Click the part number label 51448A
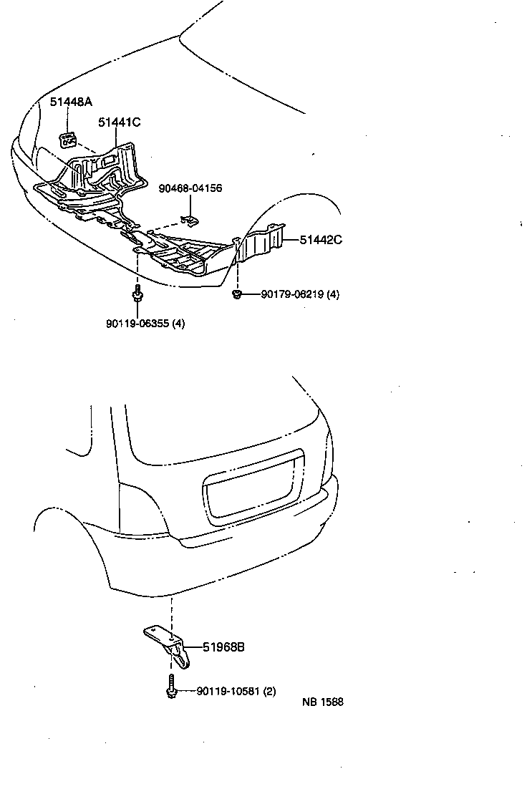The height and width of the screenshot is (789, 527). point(71,102)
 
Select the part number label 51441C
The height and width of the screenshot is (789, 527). point(120,122)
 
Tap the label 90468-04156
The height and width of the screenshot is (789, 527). point(190,188)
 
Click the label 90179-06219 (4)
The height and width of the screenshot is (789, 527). point(300,294)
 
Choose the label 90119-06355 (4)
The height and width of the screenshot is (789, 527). point(145,323)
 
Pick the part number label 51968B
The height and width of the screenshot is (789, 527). point(224,647)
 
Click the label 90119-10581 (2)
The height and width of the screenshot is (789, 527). point(236,692)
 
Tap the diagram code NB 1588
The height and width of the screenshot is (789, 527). point(322,702)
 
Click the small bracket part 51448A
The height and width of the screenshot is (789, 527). point(69,138)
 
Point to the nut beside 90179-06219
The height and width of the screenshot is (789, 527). point(237,294)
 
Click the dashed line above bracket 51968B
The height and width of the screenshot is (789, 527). point(171,609)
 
